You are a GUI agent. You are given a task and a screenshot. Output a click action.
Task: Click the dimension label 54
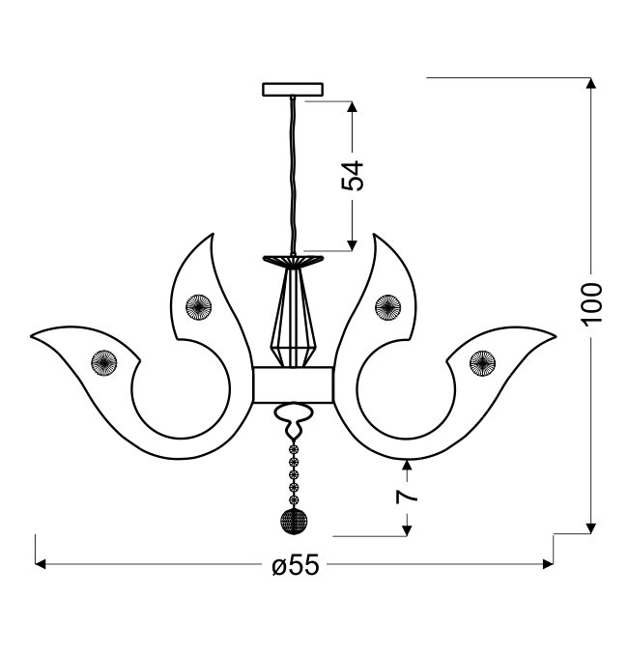[353, 175]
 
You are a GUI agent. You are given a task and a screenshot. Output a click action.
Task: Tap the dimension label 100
[591, 303]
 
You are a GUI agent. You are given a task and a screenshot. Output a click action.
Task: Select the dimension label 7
[407, 497]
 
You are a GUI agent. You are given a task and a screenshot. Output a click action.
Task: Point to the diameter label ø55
[296, 565]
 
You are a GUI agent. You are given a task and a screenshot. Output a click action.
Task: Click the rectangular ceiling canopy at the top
[293, 90]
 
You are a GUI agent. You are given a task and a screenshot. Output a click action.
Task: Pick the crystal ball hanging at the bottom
[294, 522]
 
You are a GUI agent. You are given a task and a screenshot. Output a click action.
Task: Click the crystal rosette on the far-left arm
[104, 362]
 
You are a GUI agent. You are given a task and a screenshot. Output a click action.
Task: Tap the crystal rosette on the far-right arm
[483, 363]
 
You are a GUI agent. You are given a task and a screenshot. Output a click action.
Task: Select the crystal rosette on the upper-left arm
[199, 307]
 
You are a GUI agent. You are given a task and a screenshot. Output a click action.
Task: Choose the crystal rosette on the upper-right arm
[387, 307]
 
